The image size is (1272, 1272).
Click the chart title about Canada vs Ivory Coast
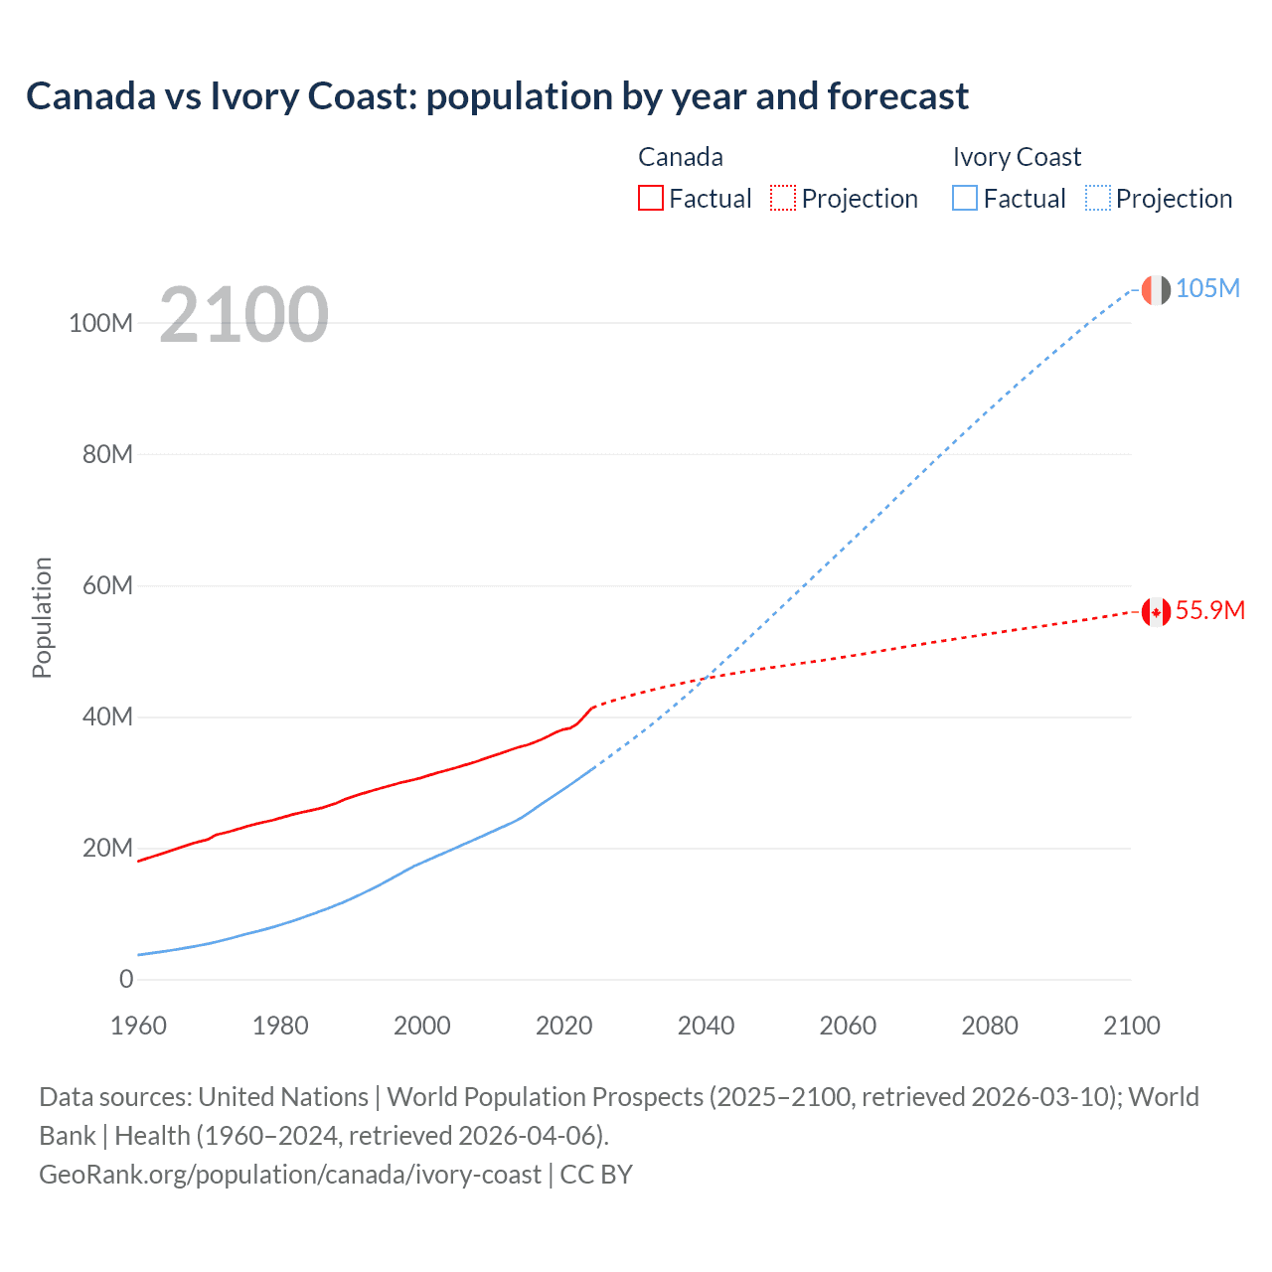point(497,96)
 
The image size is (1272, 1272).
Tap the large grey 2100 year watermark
point(243,315)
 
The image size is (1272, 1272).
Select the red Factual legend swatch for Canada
point(650,198)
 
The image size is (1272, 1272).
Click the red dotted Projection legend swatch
point(783,198)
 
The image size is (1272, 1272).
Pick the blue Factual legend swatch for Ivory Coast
point(964,198)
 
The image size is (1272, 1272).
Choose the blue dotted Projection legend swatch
point(1097,198)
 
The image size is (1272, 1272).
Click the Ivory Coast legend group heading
point(1016,157)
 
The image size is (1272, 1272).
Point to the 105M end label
point(1207,288)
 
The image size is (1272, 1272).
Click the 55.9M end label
point(1209,610)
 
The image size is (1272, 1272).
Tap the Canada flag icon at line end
point(1155,611)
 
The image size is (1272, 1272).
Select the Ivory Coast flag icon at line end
point(1155,290)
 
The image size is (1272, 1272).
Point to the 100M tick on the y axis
point(100,323)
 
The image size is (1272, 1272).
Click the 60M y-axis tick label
point(106,585)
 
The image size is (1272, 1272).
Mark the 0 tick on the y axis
point(126,979)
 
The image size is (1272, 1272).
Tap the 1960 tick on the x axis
point(138,1026)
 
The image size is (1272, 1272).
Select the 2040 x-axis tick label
point(706,1026)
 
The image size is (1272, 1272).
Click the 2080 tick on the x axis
point(990,1026)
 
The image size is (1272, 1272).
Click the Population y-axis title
point(42,617)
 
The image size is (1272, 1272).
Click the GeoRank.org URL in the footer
point(290,1175)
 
